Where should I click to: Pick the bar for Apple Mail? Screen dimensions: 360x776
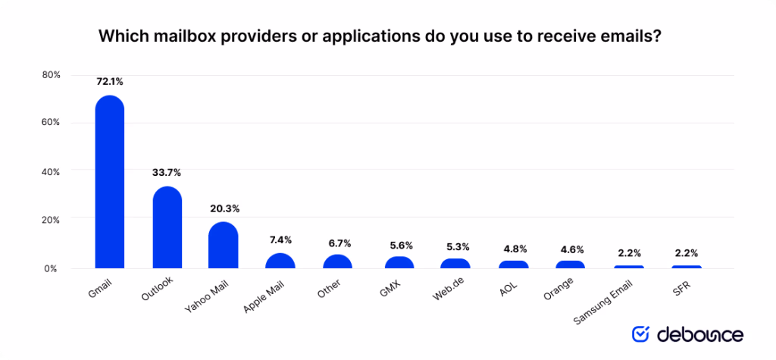coord(280,261)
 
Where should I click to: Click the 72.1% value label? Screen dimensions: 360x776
coord(109,80)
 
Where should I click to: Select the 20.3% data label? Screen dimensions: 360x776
coord(224,208)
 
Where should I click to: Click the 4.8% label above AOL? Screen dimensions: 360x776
coord(513,248)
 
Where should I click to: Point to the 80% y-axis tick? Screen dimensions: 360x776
coord(51,75)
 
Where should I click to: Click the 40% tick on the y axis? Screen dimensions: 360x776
coord(51,171)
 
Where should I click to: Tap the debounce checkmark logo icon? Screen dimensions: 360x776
coord(640,333)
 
